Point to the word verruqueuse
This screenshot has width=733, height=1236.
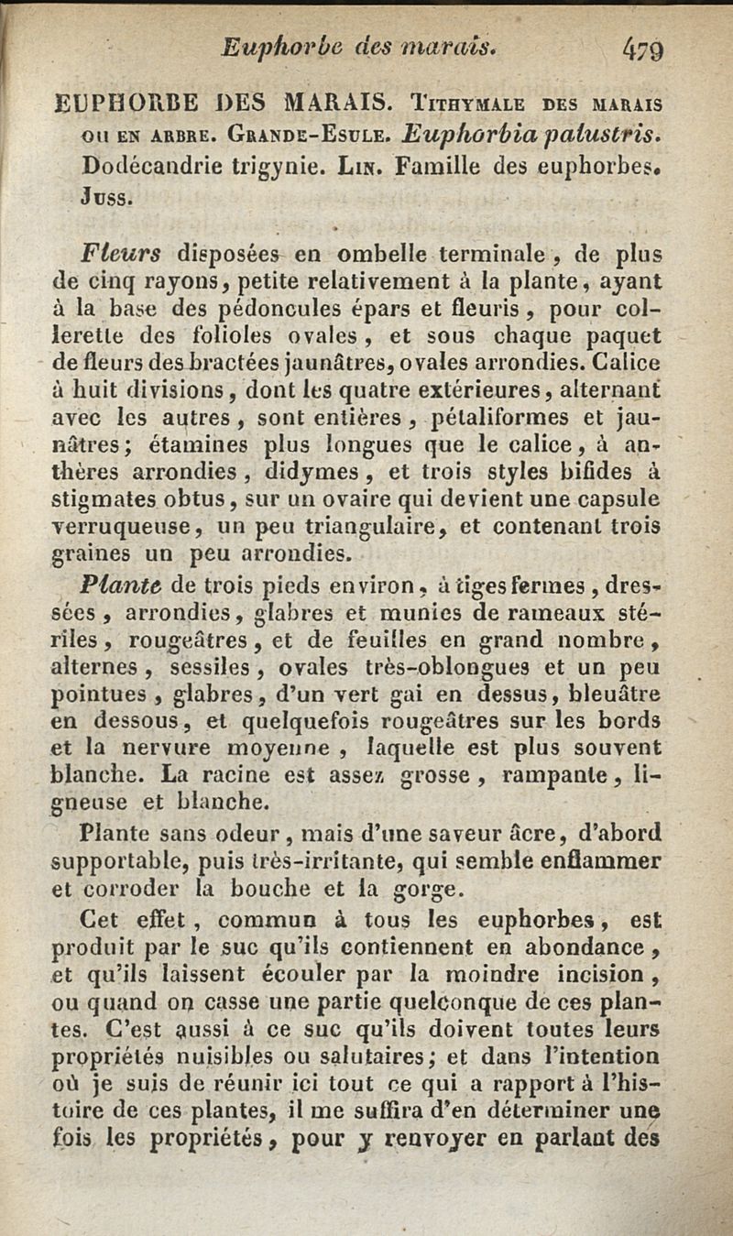(x=130, y=527)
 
